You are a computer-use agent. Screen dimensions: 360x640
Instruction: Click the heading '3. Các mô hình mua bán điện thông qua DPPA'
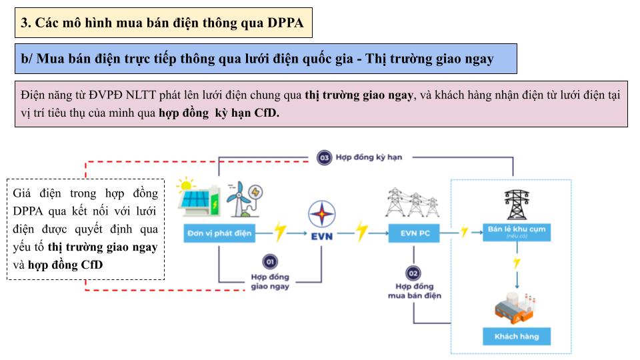pos(163,23)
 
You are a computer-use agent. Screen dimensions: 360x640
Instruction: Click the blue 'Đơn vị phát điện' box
pos(219,233)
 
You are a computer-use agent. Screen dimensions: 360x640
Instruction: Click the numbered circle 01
pos(271,261)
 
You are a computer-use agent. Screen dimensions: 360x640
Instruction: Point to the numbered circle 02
pos(413,273)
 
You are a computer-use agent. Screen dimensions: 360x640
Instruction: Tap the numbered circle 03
pos(324,158)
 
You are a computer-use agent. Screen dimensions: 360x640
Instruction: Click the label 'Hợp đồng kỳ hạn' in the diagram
pos(364,158)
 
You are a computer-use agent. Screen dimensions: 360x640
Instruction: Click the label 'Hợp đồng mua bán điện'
pos(414,291)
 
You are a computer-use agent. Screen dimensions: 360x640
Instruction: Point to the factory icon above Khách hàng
pos(515,306)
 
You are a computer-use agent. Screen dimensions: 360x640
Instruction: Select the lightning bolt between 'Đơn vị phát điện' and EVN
pos(281,233)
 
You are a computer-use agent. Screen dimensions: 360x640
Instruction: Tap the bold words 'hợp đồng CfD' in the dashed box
pos(65,265)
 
